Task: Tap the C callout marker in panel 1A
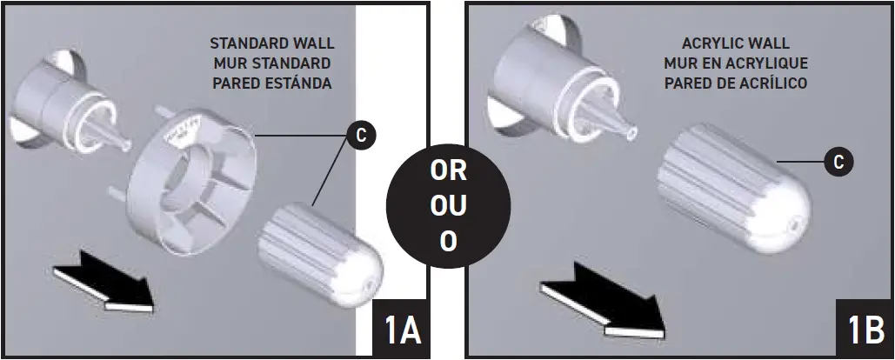click(359, 135)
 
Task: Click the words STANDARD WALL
click(272, 44)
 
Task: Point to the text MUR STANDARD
click(272, 63)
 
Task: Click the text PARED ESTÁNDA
click(272, 83)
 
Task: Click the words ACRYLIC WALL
click(735, 44)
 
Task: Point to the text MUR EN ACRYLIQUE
click(735, 63)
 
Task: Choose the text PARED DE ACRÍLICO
click(735, 83)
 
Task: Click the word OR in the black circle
click(448, 171)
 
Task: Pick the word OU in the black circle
click(448, 206)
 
